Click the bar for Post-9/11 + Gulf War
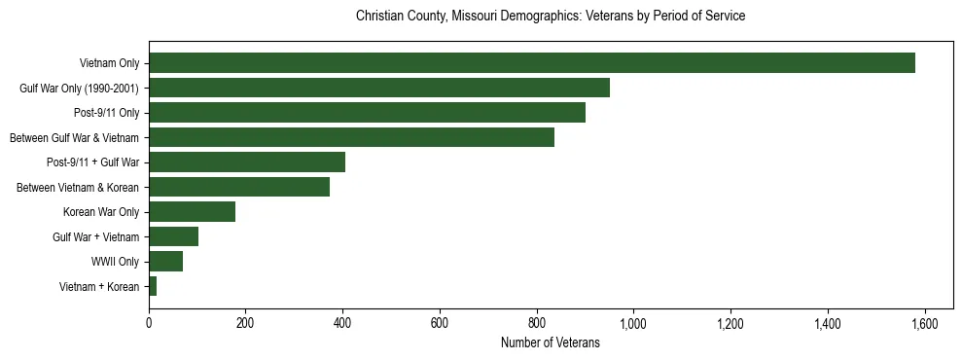[247, 162]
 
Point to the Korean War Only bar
[192, 211]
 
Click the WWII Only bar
[165, 261]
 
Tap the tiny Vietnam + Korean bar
[153, 286]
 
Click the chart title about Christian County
[551, 17]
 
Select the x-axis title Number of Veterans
[551, 342]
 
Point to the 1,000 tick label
[633, 323]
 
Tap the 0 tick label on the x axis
[149, 323]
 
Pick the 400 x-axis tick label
[342, 323]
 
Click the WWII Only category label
[116, 262]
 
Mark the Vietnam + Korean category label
[99, 286]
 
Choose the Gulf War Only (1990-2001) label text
[80, 89]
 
